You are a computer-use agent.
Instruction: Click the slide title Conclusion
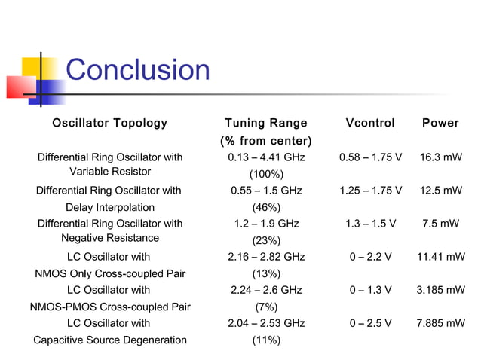[138, 70]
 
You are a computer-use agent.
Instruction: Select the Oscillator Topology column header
[109, 123]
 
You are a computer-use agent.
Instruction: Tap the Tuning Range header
[266, 123]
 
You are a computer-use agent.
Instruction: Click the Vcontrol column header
[369, 123]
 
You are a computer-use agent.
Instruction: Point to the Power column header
[440, 123]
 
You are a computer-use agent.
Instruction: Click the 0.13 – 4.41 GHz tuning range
[266, 157]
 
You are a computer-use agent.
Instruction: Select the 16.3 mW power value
[440, 157]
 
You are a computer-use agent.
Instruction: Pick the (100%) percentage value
[266, 174]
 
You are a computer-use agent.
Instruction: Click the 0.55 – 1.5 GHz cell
[266, 191]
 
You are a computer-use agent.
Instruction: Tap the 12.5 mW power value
[440, 191]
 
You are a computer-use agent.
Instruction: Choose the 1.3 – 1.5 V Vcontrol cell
[370, 224]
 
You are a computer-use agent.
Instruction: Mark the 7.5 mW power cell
[440, 224]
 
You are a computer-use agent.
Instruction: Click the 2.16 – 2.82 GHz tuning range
[266, 257]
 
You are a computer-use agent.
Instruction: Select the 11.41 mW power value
[440, 257]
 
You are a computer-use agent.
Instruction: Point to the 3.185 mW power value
[440, 290]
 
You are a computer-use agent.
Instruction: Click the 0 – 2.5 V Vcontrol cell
[370, 323]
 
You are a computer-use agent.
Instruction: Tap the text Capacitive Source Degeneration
[110, 340]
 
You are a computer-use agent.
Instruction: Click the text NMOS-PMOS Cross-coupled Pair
[110, 307]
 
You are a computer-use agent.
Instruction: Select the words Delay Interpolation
[110, 207]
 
